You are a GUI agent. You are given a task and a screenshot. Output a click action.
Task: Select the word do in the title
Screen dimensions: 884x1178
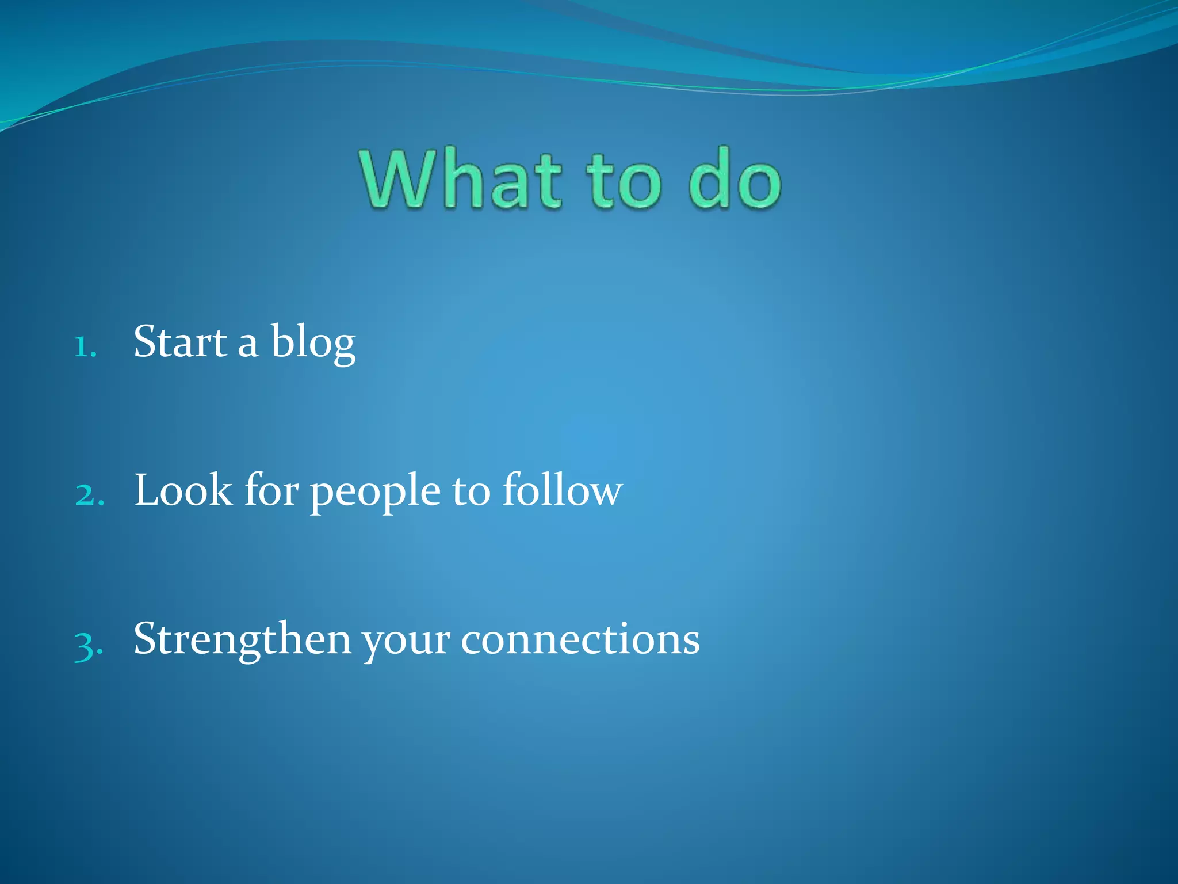pyautogui.click(x=735, y=178)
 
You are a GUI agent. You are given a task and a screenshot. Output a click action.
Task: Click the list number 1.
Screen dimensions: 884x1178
pyautogui.click(x=85, y=347)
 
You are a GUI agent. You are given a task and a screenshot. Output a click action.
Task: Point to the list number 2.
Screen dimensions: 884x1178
pyautogui.click(x=89, y=495)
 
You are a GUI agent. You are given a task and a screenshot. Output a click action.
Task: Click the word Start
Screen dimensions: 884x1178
pyautogui.click(x=180, y=342)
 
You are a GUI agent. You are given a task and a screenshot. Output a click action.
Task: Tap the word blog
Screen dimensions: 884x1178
pyautogui.click(x=313, y=344)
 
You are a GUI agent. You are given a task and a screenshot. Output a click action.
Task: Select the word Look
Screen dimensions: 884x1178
pyautogui.click(x=183, y=491)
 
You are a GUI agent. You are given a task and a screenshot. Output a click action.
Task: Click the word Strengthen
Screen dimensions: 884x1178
pyautogui.click(x=242, y=641)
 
